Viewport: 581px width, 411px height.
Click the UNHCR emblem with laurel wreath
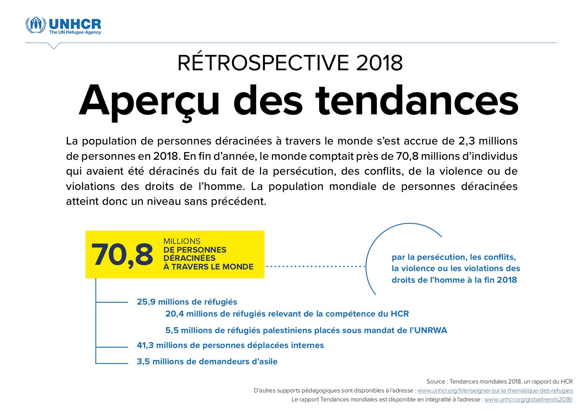click(36, 25)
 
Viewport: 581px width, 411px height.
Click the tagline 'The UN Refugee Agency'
click(75, 32)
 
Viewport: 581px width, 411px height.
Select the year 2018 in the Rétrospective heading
click(379, 63)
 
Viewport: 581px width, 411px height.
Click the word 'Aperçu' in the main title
click(149, 101)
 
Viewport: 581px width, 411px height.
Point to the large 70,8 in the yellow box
click(122, 255)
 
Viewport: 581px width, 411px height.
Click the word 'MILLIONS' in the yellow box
click(182, 241)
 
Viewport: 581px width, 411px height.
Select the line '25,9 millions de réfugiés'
click(187, 302)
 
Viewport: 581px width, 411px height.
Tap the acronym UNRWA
click(431, 330)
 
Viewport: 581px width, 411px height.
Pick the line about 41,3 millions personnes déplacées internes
click(230, 345)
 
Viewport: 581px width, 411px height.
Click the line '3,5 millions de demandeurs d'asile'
click(207, 362)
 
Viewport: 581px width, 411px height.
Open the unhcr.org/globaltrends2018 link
click(528, 400)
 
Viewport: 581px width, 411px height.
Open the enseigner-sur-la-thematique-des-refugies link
click(495, 391)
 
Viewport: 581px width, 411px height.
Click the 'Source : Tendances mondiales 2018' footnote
click(499, 382)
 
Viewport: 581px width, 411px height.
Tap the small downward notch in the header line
click(54, 46)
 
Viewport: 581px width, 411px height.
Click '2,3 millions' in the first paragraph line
click(488, 141)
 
